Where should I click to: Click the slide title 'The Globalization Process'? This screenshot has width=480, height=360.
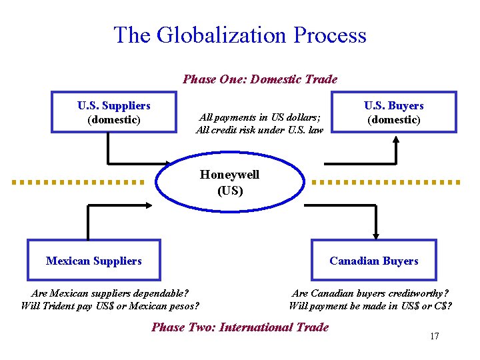pos(240,35)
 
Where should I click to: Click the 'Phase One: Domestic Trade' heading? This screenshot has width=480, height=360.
pos(260,79)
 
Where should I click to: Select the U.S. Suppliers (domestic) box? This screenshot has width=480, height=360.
pos(113,112)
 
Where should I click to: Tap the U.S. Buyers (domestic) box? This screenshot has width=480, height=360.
pos(393,112)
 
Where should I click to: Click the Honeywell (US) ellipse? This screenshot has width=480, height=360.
pos(229,183)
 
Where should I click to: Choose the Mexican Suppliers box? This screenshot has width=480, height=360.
pos(93,260)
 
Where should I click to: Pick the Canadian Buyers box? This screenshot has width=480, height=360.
pos(373,260)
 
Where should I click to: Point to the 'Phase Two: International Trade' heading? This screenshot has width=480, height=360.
pos(240,327)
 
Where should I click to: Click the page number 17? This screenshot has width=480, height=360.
pos(434,336)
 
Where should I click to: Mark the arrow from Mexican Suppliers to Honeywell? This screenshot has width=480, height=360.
pos(120,206)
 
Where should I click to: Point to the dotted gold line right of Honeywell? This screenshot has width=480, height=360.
pos(387,181)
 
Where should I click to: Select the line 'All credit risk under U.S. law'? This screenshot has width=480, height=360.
pos(259,130)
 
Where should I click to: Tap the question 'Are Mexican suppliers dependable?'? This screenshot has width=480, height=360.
pos(110,293)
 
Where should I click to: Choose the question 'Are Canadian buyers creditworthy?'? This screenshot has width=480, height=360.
pos(371,293)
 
